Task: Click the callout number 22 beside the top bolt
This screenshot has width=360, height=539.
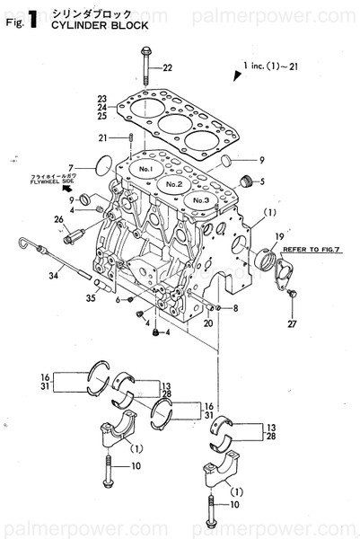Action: point(168,68)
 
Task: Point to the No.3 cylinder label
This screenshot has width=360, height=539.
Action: point(200,199)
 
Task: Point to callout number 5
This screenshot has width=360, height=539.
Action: point(262,182)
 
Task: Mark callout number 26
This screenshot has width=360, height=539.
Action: point(58,219)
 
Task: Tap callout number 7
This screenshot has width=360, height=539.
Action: point(94,165)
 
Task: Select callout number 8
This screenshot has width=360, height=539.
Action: point(235,309)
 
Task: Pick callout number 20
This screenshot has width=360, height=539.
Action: point(207,323)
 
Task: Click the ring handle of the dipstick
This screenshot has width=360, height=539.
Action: point(24,241)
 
